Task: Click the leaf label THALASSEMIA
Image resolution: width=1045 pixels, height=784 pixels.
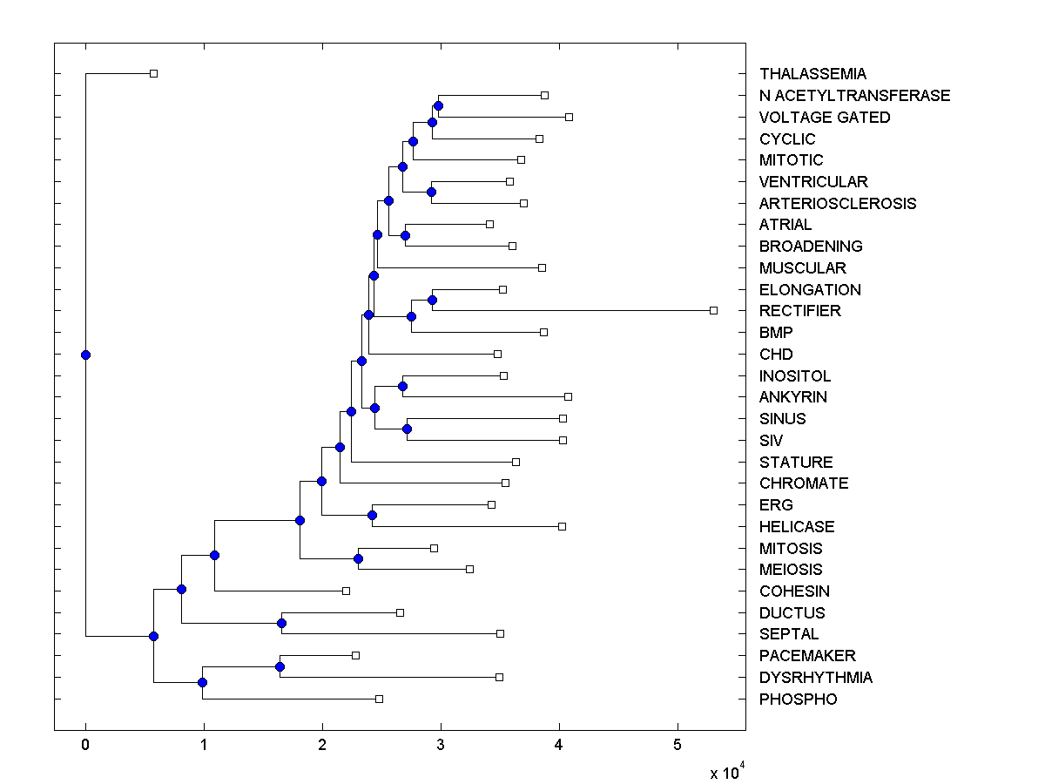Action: coord(812,74)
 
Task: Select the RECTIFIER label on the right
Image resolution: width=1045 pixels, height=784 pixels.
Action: coord(799,311)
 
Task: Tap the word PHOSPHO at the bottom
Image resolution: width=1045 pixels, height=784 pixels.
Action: coord(798,700)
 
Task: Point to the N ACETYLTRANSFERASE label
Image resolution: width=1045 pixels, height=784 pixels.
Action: coord(854,96)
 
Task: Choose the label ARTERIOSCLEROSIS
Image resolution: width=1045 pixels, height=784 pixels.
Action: coord(837,204)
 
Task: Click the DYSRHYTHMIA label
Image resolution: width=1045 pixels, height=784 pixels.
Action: coord(815,678)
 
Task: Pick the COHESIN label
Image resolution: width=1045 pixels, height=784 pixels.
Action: coord(794,591)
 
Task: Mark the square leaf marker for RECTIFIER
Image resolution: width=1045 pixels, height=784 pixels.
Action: coord(713,310)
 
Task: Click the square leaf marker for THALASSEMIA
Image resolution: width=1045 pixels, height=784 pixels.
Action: coord(153,73)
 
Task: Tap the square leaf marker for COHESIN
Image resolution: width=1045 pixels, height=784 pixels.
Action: coord(346,591)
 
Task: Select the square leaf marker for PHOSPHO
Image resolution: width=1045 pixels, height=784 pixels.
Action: coord(379,699)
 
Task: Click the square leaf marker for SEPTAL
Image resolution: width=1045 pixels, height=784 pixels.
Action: coord(500,633)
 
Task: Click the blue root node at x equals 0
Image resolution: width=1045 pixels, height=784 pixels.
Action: coord(85,355)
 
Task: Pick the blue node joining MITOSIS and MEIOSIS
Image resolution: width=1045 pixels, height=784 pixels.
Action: coord(358,558)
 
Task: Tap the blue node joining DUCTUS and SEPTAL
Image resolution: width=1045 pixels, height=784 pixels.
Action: coord(281,623)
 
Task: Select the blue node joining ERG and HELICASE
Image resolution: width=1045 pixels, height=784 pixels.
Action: coord(372,515)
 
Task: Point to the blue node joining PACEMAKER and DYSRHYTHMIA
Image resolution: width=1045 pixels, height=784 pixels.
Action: coord(280,666)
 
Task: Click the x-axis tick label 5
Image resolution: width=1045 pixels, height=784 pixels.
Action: coord(678,745)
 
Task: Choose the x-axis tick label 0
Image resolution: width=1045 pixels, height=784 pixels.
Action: coord(85,745)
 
